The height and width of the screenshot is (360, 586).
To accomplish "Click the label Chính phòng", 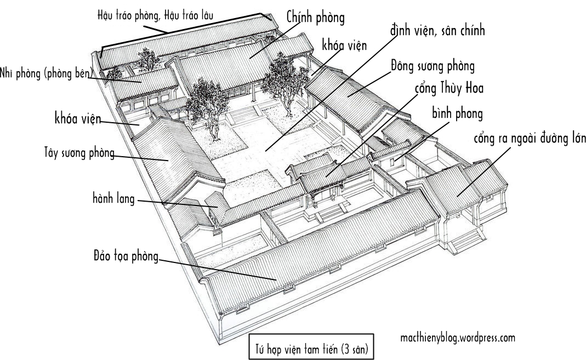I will (316, 18).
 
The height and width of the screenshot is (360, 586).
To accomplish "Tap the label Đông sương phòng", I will (433, 67).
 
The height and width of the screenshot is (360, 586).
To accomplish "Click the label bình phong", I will (457, 115).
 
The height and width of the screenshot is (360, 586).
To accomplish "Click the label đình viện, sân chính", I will (437, 31).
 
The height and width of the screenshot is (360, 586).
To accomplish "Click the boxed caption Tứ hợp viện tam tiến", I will (311, 347).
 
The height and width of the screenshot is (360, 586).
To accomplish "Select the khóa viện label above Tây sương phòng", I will (77, 118).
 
